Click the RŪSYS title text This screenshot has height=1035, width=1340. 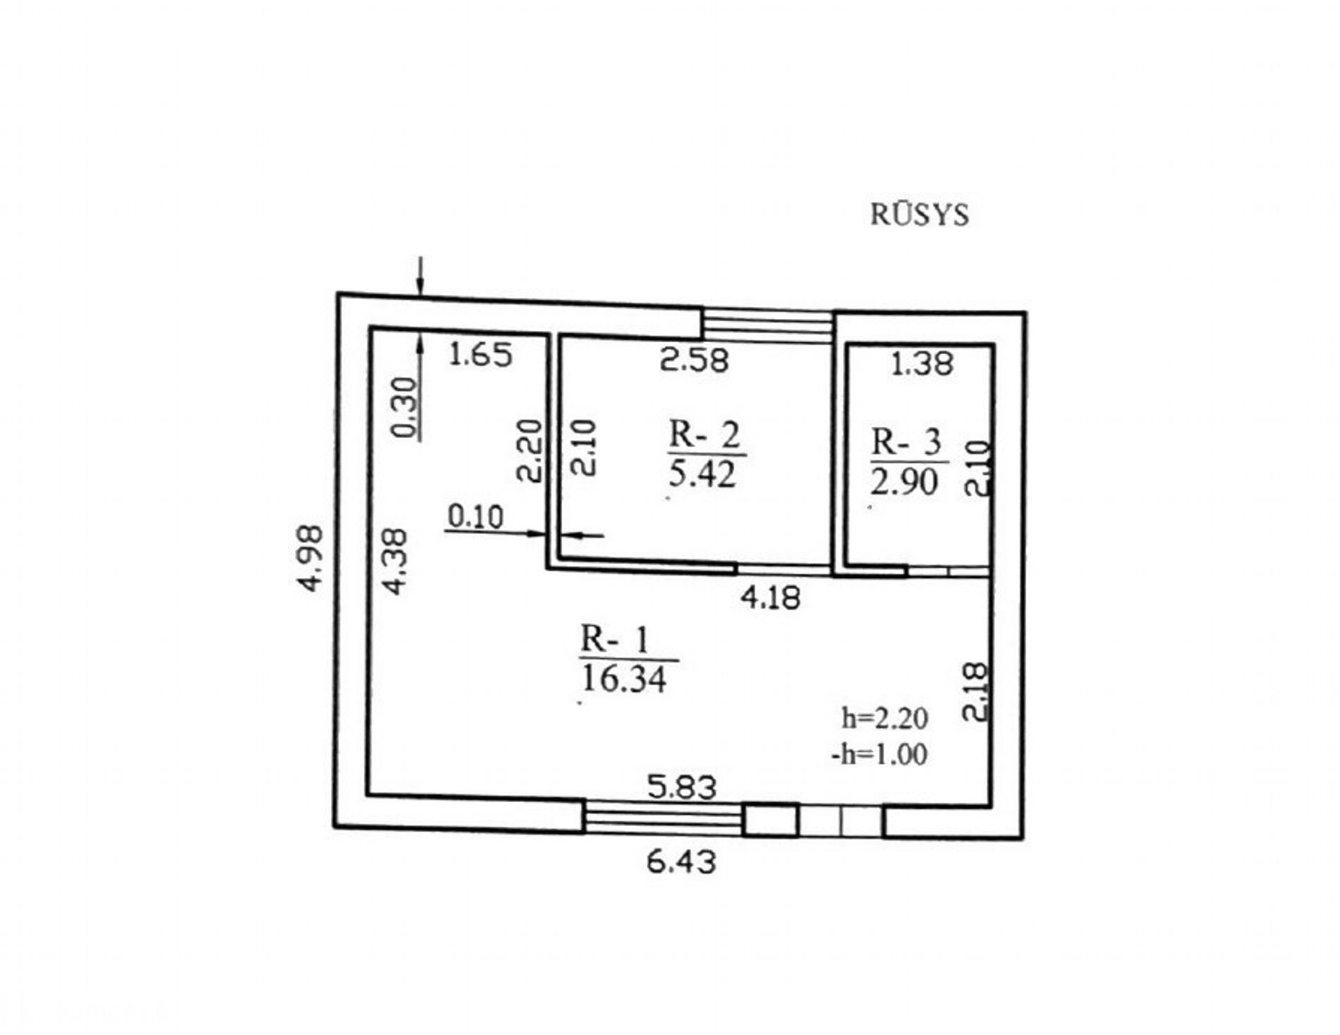pos(920,214)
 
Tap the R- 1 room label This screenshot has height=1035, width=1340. pos(614,641)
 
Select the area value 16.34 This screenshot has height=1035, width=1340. pos(624,679)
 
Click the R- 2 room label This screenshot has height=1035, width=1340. pos(705,435)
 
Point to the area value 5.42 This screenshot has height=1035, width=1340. pos(702,474)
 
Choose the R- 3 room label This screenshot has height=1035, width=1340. pos(906,442)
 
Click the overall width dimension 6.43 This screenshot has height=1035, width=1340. pos(681,861)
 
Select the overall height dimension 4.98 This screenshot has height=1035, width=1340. pos(311,557)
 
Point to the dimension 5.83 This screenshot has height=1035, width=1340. pos(682,787)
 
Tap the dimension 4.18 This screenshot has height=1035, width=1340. pos(770,598)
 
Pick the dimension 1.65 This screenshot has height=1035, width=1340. pos(481,354)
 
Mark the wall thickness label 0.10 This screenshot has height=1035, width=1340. pos(475,517)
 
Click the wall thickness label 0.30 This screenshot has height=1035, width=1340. pos(405,408)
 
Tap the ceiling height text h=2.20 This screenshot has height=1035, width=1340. pos(884,718)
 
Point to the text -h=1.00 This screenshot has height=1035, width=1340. pos(879,754)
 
